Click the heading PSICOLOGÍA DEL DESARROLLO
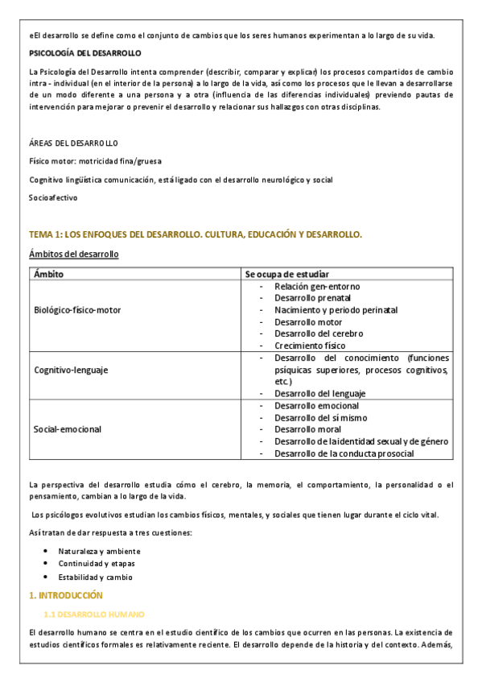(84, 53)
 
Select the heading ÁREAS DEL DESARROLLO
(73, 143)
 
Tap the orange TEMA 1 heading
(196, 234)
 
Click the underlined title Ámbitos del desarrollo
(73, 255)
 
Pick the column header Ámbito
(49, 274)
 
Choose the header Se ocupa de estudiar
(287, 274)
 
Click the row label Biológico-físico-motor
(77, 310)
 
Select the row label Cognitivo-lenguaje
(72, 370)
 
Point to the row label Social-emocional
(68, 429)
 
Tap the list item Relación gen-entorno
(317, 286)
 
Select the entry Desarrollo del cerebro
(319, 333)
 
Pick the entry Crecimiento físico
(310, 346)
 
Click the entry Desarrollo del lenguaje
(319, 393)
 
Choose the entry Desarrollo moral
(307, 429)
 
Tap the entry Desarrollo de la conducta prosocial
(333, 453)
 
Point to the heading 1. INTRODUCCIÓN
(66, 595)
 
